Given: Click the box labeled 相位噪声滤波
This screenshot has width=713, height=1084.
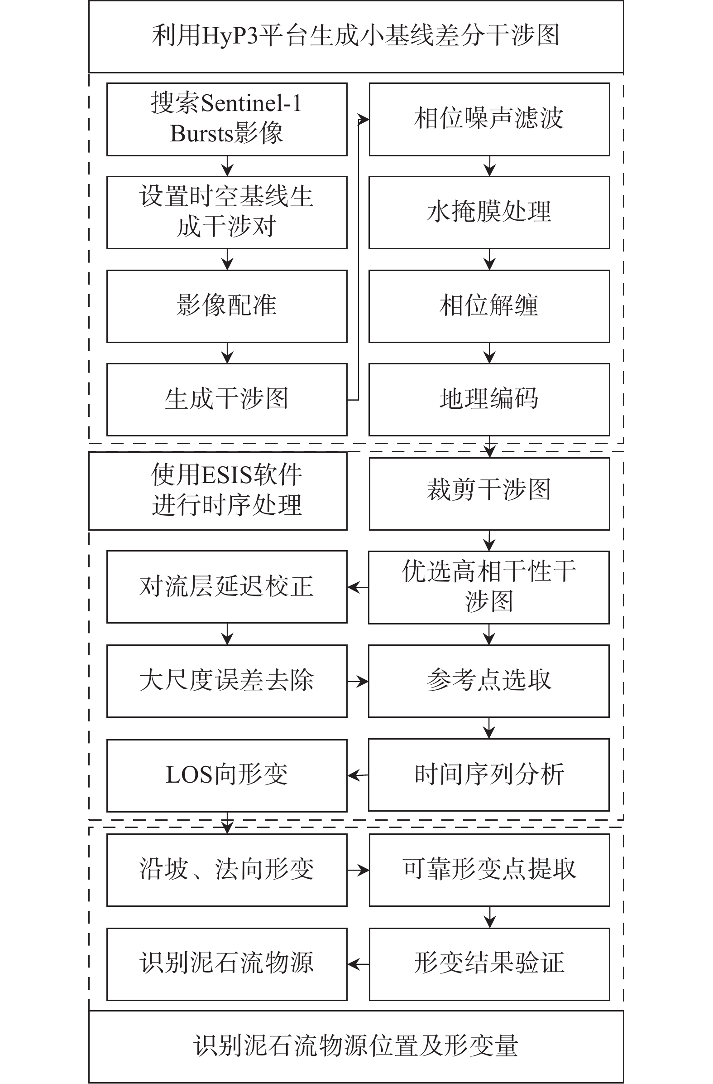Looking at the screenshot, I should (489, 119).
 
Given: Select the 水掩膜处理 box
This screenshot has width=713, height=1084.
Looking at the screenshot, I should (489, 212).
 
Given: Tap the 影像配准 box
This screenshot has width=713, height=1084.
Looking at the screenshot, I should (227, 306).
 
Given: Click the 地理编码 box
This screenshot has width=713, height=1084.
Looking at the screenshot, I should (489, 399).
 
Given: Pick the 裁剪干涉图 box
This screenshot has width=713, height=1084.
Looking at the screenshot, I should (489, 493).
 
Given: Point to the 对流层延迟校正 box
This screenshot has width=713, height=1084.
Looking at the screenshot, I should (227, 586).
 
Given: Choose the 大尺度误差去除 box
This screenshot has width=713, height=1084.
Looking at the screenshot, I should (227, 681).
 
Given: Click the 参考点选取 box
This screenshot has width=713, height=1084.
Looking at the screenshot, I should (488, 681).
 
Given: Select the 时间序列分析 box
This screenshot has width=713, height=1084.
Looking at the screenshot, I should (488, 775).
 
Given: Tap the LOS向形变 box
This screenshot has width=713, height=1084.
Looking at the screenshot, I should (227, 775).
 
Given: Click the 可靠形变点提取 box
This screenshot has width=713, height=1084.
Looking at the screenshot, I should (489, 870).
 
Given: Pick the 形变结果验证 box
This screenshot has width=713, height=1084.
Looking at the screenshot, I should (489, 964).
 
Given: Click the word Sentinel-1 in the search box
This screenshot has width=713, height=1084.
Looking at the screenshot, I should (251, 103).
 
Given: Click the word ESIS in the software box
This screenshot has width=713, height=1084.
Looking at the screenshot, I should (226, 475).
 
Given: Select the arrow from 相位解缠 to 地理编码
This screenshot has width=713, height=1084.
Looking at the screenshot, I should (489, 353).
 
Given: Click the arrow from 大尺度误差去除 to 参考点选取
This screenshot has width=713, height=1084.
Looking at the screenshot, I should (358, 682).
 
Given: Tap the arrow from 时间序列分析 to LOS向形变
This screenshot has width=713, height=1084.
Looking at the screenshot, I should (358, 775).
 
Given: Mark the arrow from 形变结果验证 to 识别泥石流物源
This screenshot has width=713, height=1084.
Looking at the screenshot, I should (358, 964).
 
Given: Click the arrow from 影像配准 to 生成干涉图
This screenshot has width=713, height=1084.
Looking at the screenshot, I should (227, 353).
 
